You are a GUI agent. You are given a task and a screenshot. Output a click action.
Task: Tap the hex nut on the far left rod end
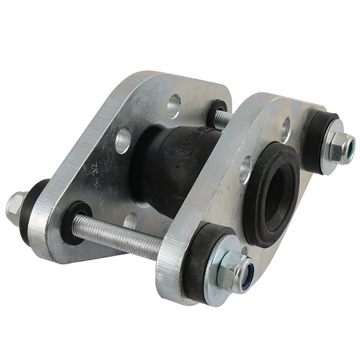coord(14,205)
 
